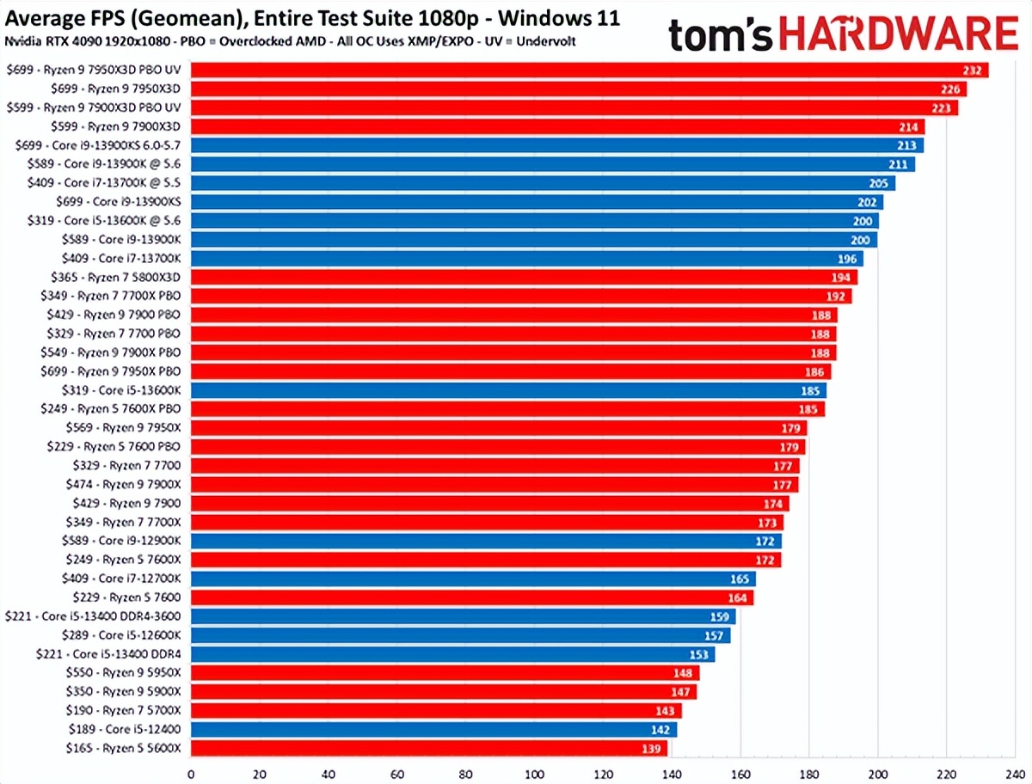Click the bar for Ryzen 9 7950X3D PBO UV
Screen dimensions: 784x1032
pyautogui.click(x=585, y=70)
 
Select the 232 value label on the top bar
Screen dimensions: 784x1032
pyautogui.click(x=975, y=70)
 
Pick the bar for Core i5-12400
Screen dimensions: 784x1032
pyautogui.click(x=430, y=730)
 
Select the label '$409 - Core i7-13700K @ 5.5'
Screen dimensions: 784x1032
pyautogui.click(x=120, y=182)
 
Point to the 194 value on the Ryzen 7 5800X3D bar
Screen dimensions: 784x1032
pyautogui.click(x=842, y=278)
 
